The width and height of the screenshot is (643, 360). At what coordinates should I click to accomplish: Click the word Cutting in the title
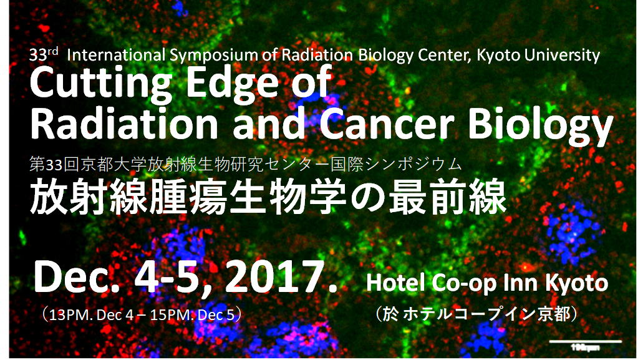point(100,84)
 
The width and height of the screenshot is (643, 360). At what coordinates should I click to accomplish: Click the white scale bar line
point(586,341)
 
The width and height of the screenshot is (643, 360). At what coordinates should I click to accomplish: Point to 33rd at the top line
point(44,54)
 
